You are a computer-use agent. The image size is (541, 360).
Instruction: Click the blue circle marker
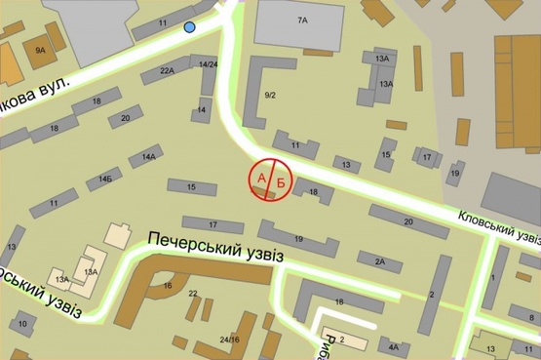190,27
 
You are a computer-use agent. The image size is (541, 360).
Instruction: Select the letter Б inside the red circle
281,181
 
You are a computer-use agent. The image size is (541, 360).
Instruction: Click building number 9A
40,49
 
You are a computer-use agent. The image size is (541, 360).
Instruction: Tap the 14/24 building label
208,64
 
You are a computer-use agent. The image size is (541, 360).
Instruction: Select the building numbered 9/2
270,95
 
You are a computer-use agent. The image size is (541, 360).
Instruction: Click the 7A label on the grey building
302,20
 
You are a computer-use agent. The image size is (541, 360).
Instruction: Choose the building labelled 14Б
104,180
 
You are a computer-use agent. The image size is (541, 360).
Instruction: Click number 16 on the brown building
168,285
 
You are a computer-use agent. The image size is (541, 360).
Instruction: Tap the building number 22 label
193,293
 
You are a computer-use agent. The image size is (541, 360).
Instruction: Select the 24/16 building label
229,339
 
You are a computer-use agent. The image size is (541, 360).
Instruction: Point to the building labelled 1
493,279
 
